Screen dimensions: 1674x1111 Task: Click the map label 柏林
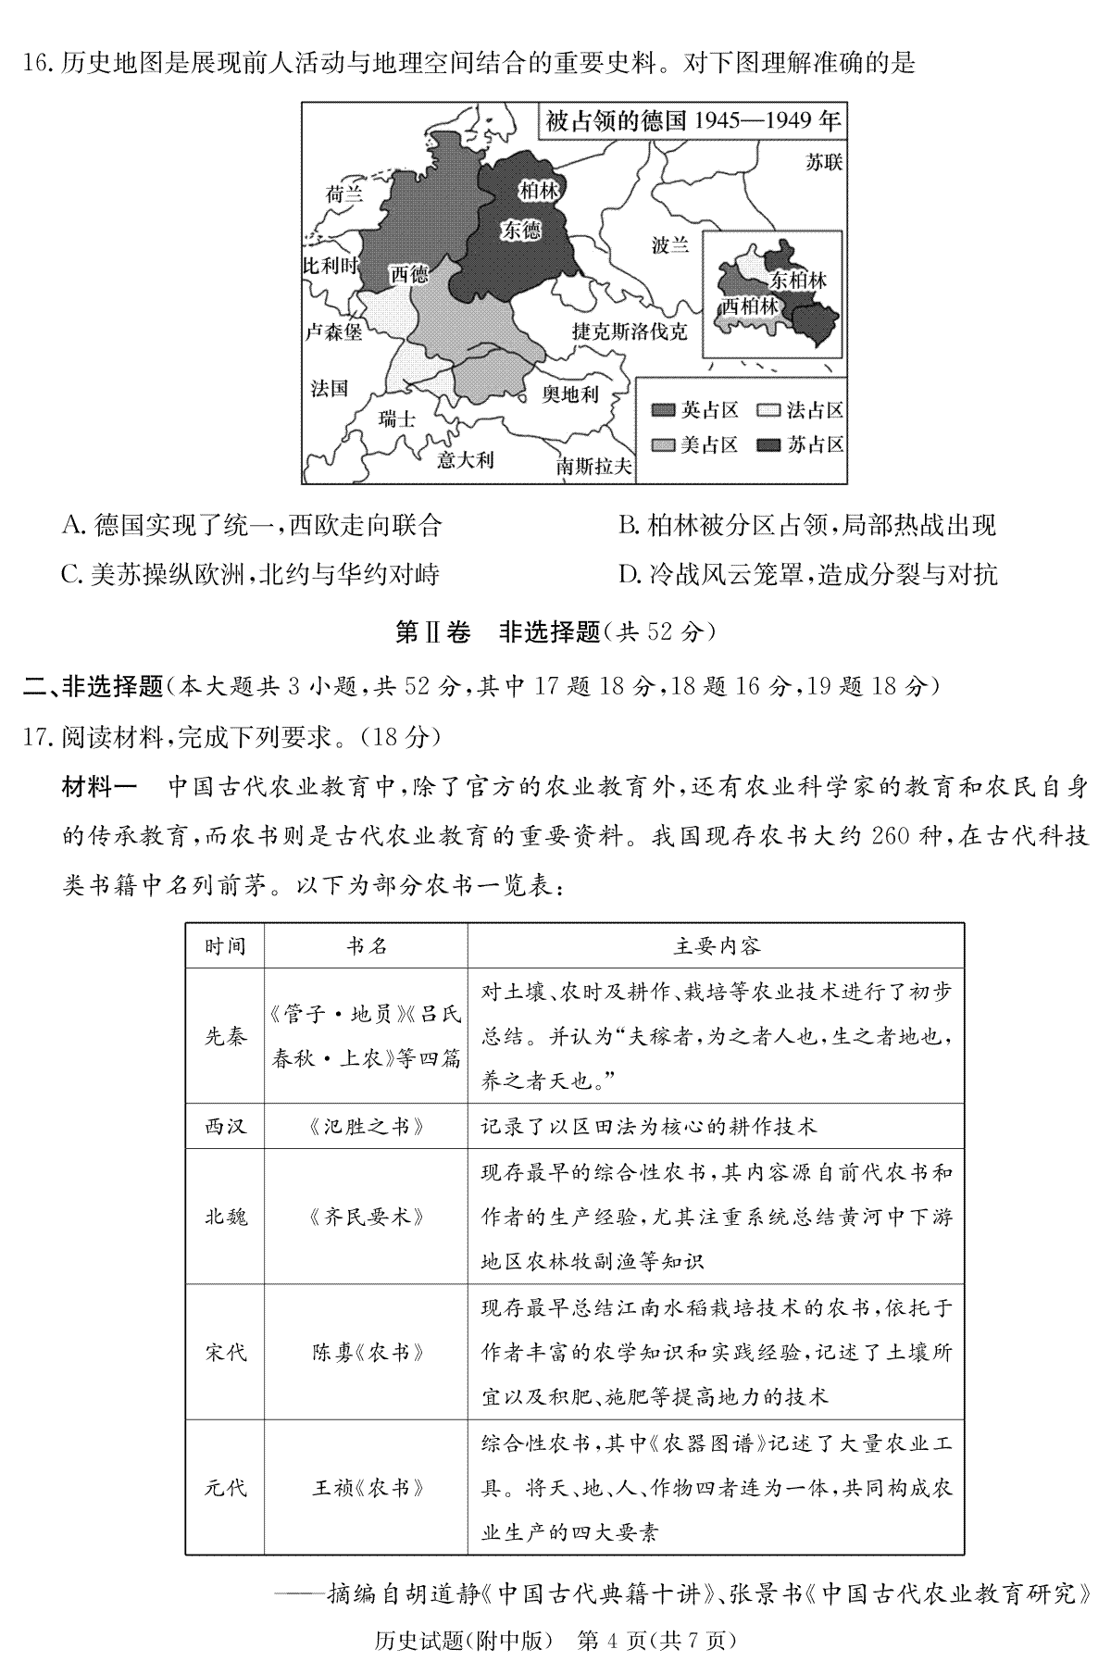pyautogui.click(x=538, y=191)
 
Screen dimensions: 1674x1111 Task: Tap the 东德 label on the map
pyautogui.click(x=521, y=230)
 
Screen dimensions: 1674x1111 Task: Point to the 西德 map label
pyautogui.click(x=408, y=273)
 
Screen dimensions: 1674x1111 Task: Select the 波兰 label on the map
pyautogui.click(x=670, y=245)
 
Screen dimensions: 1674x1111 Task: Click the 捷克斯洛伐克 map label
pyautogui.click(x=630, y=331)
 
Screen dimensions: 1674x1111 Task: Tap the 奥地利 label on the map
pyautogui.click(x=570, y=394)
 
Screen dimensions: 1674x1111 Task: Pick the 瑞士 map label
pyautogui.click(x=397, y=418)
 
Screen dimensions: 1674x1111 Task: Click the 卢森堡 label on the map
pyautogui.click(x=334, y=331)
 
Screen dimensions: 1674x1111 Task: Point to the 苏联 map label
pyautogui.click(x=823, y=162)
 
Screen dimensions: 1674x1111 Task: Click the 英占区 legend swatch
pyautogui.click(x=663, y=410)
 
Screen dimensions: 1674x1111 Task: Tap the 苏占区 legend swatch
pyautogui.click(x=769, y=445)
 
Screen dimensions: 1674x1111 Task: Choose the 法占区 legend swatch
pyautogui.click(x=769, y=410)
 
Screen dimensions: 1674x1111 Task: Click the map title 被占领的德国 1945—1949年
pyautogui.click(x=693, y=120)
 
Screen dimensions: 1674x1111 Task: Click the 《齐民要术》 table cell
pyautogui.click(x=367, y=1217)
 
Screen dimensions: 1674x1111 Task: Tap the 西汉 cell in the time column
pyautogui.click(x=226, y=1127)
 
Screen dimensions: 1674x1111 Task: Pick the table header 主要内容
pyautogui.click(x=717, y=946)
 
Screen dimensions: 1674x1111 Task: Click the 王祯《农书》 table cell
pyautogui.click(x=367, y=1488)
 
